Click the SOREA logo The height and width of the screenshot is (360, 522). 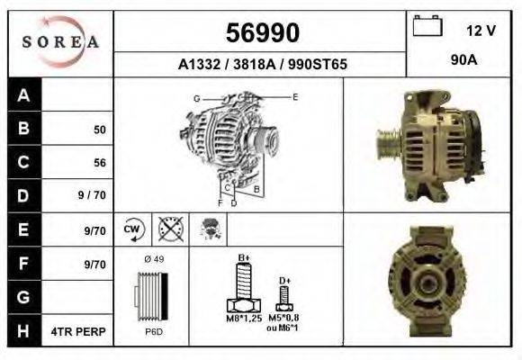61,41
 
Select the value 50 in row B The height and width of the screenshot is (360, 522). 100,130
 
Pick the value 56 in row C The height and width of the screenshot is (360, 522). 100,163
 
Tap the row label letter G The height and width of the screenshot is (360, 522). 23,297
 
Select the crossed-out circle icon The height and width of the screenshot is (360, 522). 168,229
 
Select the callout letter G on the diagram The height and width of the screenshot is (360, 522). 196,97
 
